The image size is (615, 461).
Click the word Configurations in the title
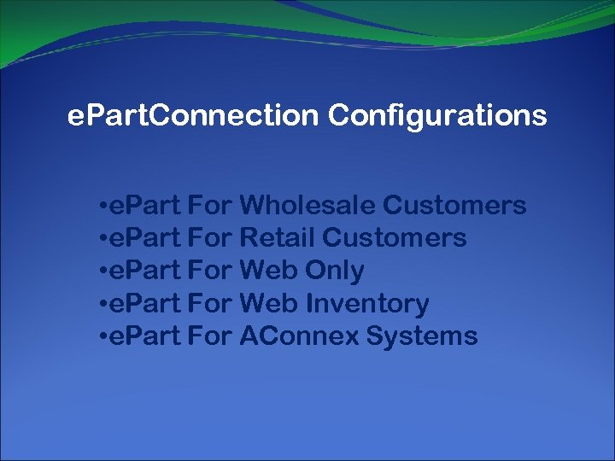coord(436,116)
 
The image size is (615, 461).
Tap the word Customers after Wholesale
coord(454,206)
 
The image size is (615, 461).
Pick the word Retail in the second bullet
coord(278,238)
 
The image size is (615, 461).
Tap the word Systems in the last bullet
coord(422,336)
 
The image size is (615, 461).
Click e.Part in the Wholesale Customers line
coord(144,206)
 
